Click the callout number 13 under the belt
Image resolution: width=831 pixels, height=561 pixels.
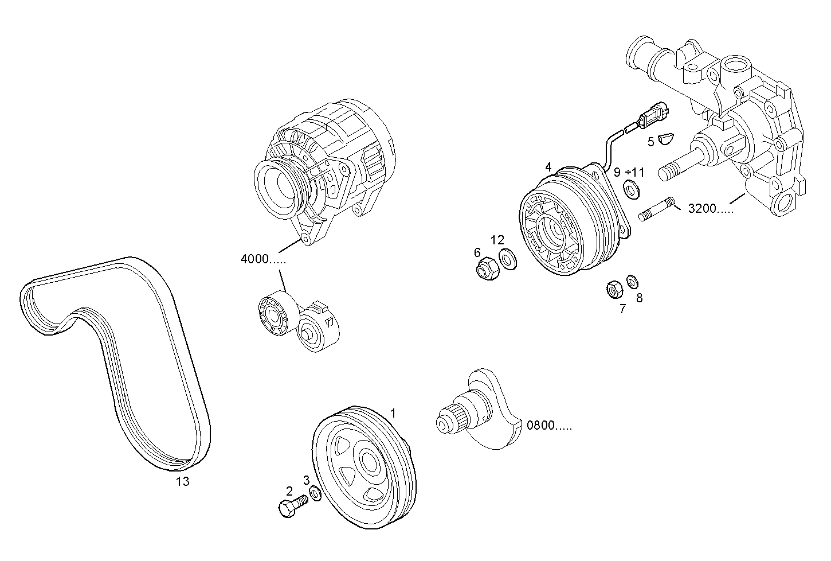pos(182,482)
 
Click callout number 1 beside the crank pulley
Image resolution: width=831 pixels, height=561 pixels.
pos(393,413)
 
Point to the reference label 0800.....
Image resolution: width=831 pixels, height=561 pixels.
pos(548,426)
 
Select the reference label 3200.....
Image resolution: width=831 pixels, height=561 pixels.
pos(710,208)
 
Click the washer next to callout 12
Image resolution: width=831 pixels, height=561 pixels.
pos(507,258)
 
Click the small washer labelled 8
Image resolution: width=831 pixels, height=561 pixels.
pos(632,281)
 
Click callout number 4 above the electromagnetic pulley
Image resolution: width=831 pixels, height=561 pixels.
pos(548,167)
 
